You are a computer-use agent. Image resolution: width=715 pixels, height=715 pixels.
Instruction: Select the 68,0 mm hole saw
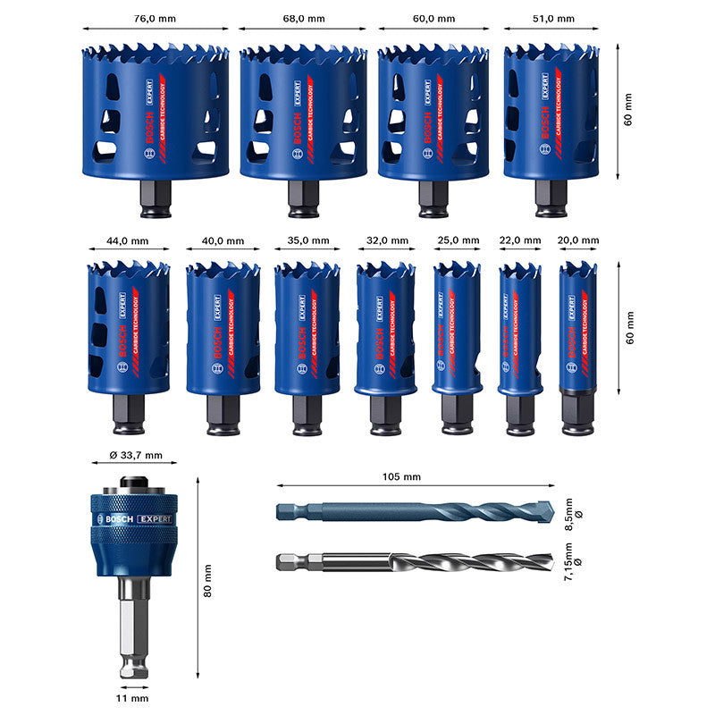(304, 112)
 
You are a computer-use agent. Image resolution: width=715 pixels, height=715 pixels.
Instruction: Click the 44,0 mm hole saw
(129, 326)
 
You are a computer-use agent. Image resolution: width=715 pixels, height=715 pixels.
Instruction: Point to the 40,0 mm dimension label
(223, 241)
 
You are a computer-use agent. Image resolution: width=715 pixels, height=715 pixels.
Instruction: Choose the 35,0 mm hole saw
(307, 326)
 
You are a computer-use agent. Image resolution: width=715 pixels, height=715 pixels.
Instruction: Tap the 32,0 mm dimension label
(386, 241)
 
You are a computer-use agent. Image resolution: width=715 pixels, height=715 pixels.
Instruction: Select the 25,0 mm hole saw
(456, 326)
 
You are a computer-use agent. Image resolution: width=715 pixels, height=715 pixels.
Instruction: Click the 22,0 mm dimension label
(520, 240)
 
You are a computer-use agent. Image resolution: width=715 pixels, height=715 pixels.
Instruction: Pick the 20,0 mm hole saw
(578, 326)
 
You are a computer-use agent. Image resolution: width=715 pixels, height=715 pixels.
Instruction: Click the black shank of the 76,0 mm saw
(156, 198)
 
